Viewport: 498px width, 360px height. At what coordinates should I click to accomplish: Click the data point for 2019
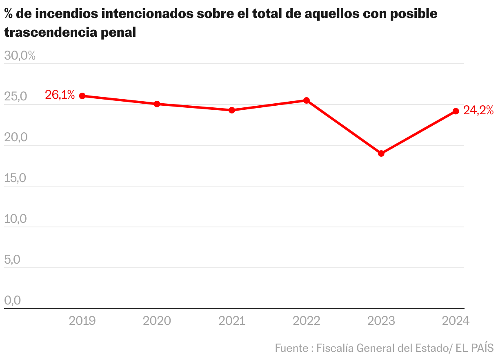(x=82, y=96)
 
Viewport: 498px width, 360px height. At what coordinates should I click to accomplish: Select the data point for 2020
(x=157, y=104)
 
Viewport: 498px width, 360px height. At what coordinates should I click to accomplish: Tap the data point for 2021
(x=231, y=110)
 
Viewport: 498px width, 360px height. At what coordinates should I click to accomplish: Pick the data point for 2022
(x=307, y=100)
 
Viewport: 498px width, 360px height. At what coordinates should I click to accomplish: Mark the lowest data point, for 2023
(x=381, y=153)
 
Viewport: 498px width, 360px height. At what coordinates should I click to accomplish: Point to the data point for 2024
(x=456, y=111)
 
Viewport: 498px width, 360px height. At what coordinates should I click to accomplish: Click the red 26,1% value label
(x=60, y=95)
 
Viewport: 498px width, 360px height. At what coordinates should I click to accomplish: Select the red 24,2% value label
(x=478, y=111)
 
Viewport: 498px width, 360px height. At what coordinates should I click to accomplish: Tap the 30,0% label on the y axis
(x=20, y=56)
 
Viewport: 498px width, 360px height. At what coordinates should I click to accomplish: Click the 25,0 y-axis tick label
(x=16, y=97)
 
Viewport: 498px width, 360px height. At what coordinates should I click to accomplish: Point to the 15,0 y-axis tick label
(x=16, y=178)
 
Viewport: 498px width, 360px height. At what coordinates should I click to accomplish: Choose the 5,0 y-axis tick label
(x=13, y=260)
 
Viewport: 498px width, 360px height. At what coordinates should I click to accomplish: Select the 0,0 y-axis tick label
(x=13, y=301)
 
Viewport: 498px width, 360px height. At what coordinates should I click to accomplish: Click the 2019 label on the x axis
(x=82, y=321)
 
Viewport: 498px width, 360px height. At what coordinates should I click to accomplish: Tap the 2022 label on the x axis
(x=307, y=321)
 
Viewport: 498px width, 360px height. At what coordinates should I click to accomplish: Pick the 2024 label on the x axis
(x=456, y=321)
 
